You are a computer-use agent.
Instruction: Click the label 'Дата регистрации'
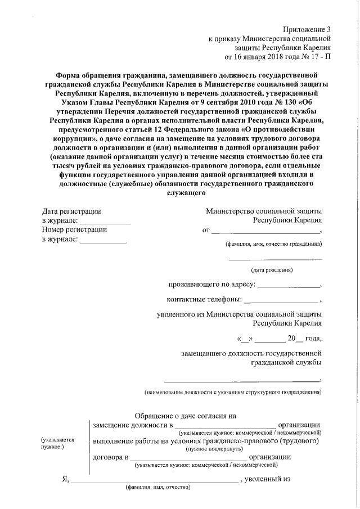(x=71, y=211)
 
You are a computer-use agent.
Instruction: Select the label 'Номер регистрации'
(x=74, y=229)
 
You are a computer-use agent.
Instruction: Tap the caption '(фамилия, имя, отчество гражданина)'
(x=273, y=245)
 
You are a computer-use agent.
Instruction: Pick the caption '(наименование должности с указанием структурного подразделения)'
(x=232, y=391)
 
